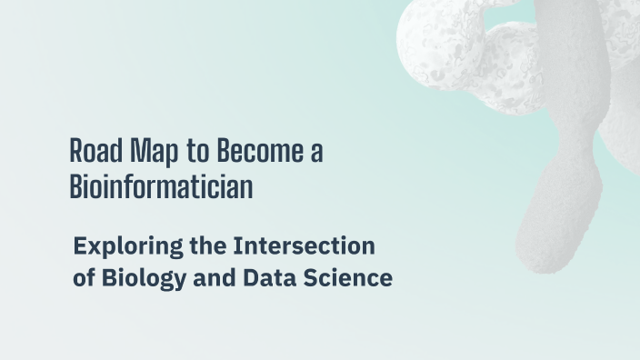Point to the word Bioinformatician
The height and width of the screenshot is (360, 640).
[x=161, y=186]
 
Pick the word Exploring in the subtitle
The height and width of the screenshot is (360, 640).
[x=120, y=247]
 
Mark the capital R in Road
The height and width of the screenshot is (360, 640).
[x=75, y=151]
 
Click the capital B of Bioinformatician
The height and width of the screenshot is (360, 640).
[x=75, y=186]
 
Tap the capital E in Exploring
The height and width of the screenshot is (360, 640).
[x=80, y=245]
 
